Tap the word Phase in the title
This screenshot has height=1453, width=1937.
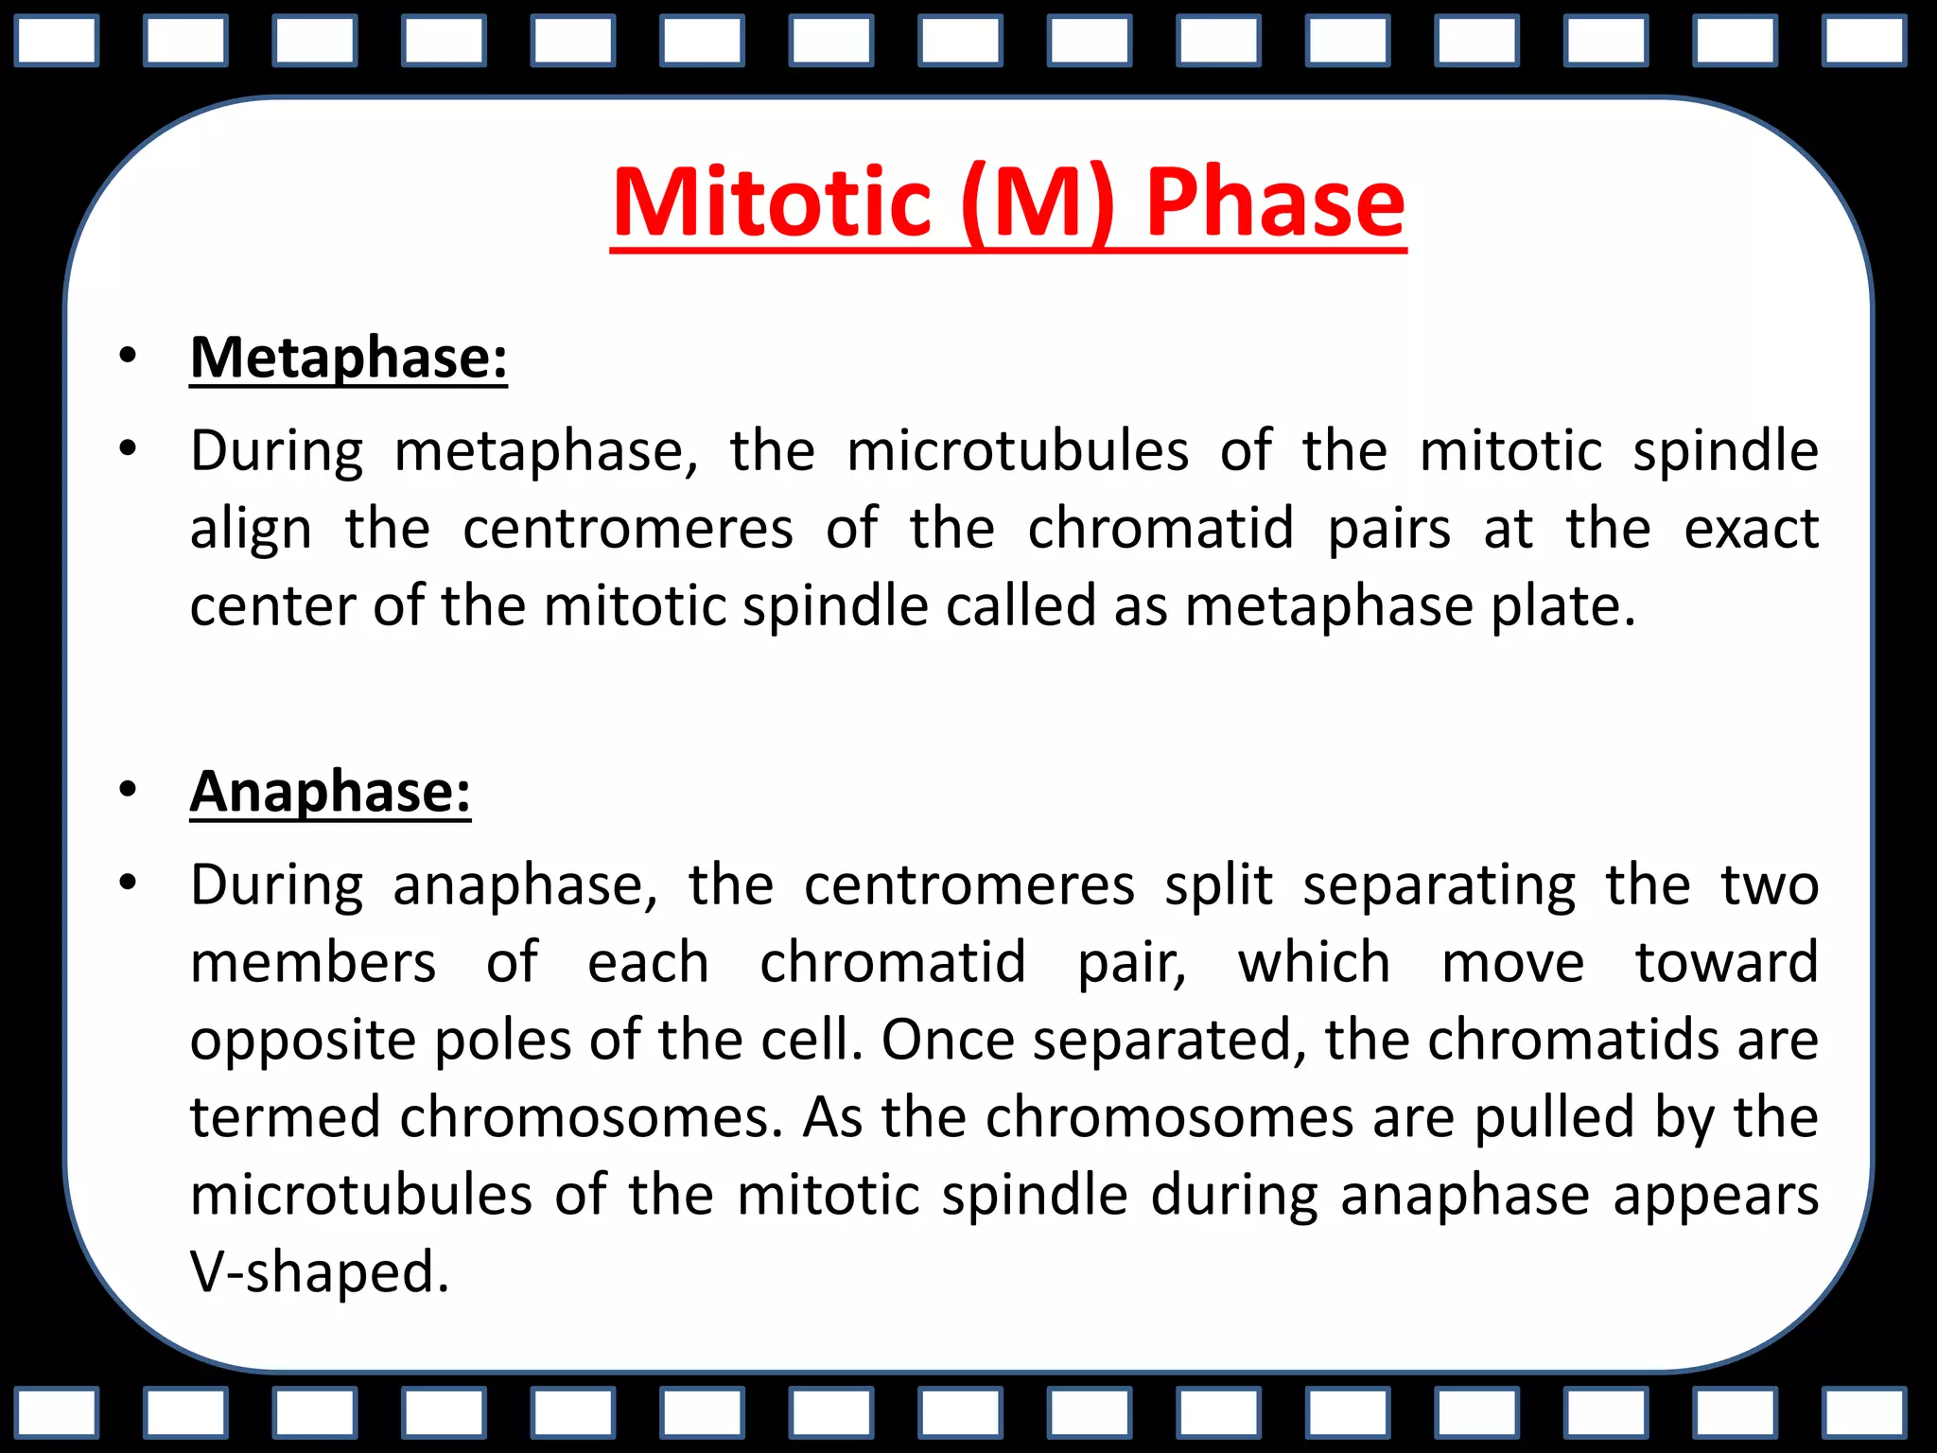(x=1275, y=202)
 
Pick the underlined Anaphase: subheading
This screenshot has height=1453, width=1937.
(x=330, y=792)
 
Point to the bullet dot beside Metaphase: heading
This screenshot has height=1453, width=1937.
(x=128, y=357)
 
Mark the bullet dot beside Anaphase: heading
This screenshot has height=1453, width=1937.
(x=128, y=790)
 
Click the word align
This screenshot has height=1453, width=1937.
(x=251, y=529)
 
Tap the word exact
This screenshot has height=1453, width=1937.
(x=1751, y=529)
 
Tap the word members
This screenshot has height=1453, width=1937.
(x=313, y=964)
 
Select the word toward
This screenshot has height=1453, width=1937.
(x=1726, y=964)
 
